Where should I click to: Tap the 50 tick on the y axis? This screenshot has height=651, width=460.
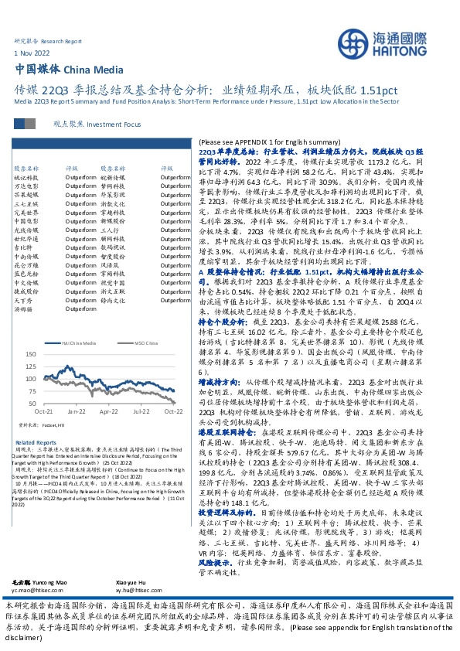(x=31, y=403)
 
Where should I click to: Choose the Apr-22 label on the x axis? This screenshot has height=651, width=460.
(x=108, y=411)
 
